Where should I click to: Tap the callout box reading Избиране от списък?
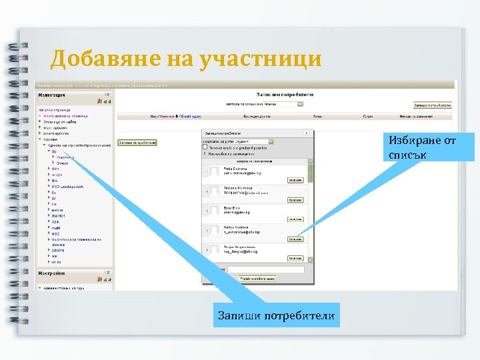point(431,147)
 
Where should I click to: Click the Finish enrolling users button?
point(257,278)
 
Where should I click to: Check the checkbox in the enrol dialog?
point(205,147)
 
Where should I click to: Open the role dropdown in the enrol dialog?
point(239,141)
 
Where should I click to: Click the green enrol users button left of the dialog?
point(137,142)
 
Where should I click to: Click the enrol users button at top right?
point(433,105)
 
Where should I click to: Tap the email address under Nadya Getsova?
point(242,233)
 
